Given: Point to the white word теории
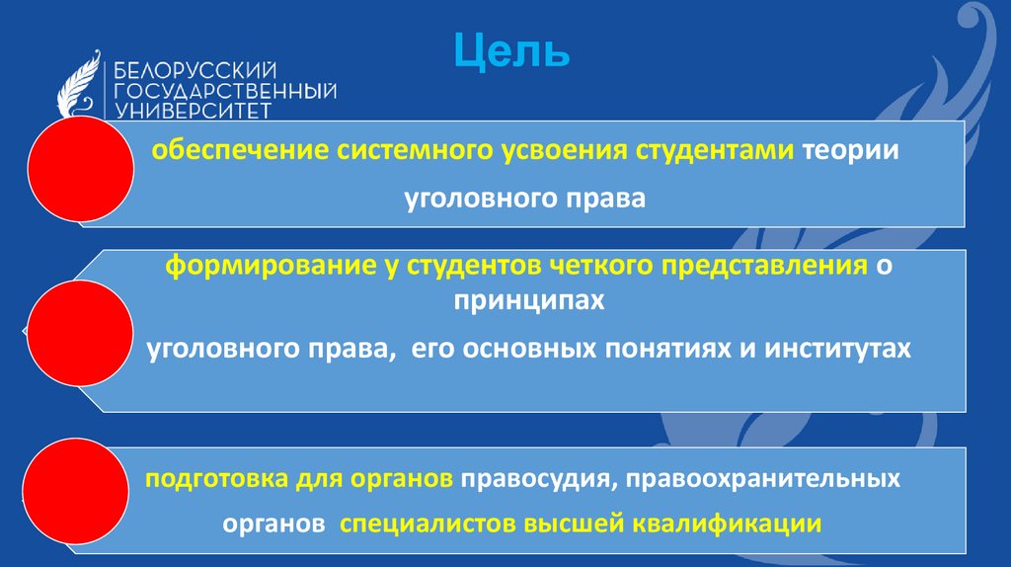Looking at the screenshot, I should pyautogui.click(x=850, y=153).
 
